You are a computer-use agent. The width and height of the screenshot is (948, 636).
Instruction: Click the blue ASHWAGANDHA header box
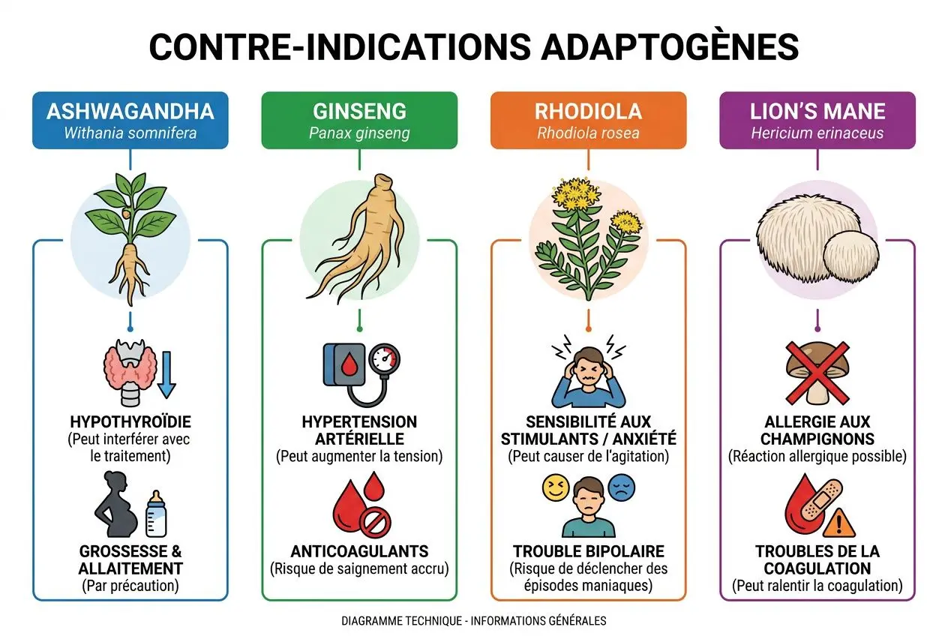pos(130,120)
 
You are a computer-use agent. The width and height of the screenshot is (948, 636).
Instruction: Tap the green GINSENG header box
pos(359,120)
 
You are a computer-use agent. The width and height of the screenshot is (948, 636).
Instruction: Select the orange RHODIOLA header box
pos(588,120)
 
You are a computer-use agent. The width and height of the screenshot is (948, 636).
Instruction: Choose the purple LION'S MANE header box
pos(817,120)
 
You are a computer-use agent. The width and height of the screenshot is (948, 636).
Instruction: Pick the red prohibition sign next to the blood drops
pos(375,522)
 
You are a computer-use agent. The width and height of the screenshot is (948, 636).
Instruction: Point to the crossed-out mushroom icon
pos(817,370)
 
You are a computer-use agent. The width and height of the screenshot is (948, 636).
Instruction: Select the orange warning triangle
pos(843,519)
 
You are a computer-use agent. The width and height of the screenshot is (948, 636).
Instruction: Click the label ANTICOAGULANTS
pos(359,551)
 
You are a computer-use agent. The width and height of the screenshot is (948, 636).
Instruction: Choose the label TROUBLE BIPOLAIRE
pos(588,551)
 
